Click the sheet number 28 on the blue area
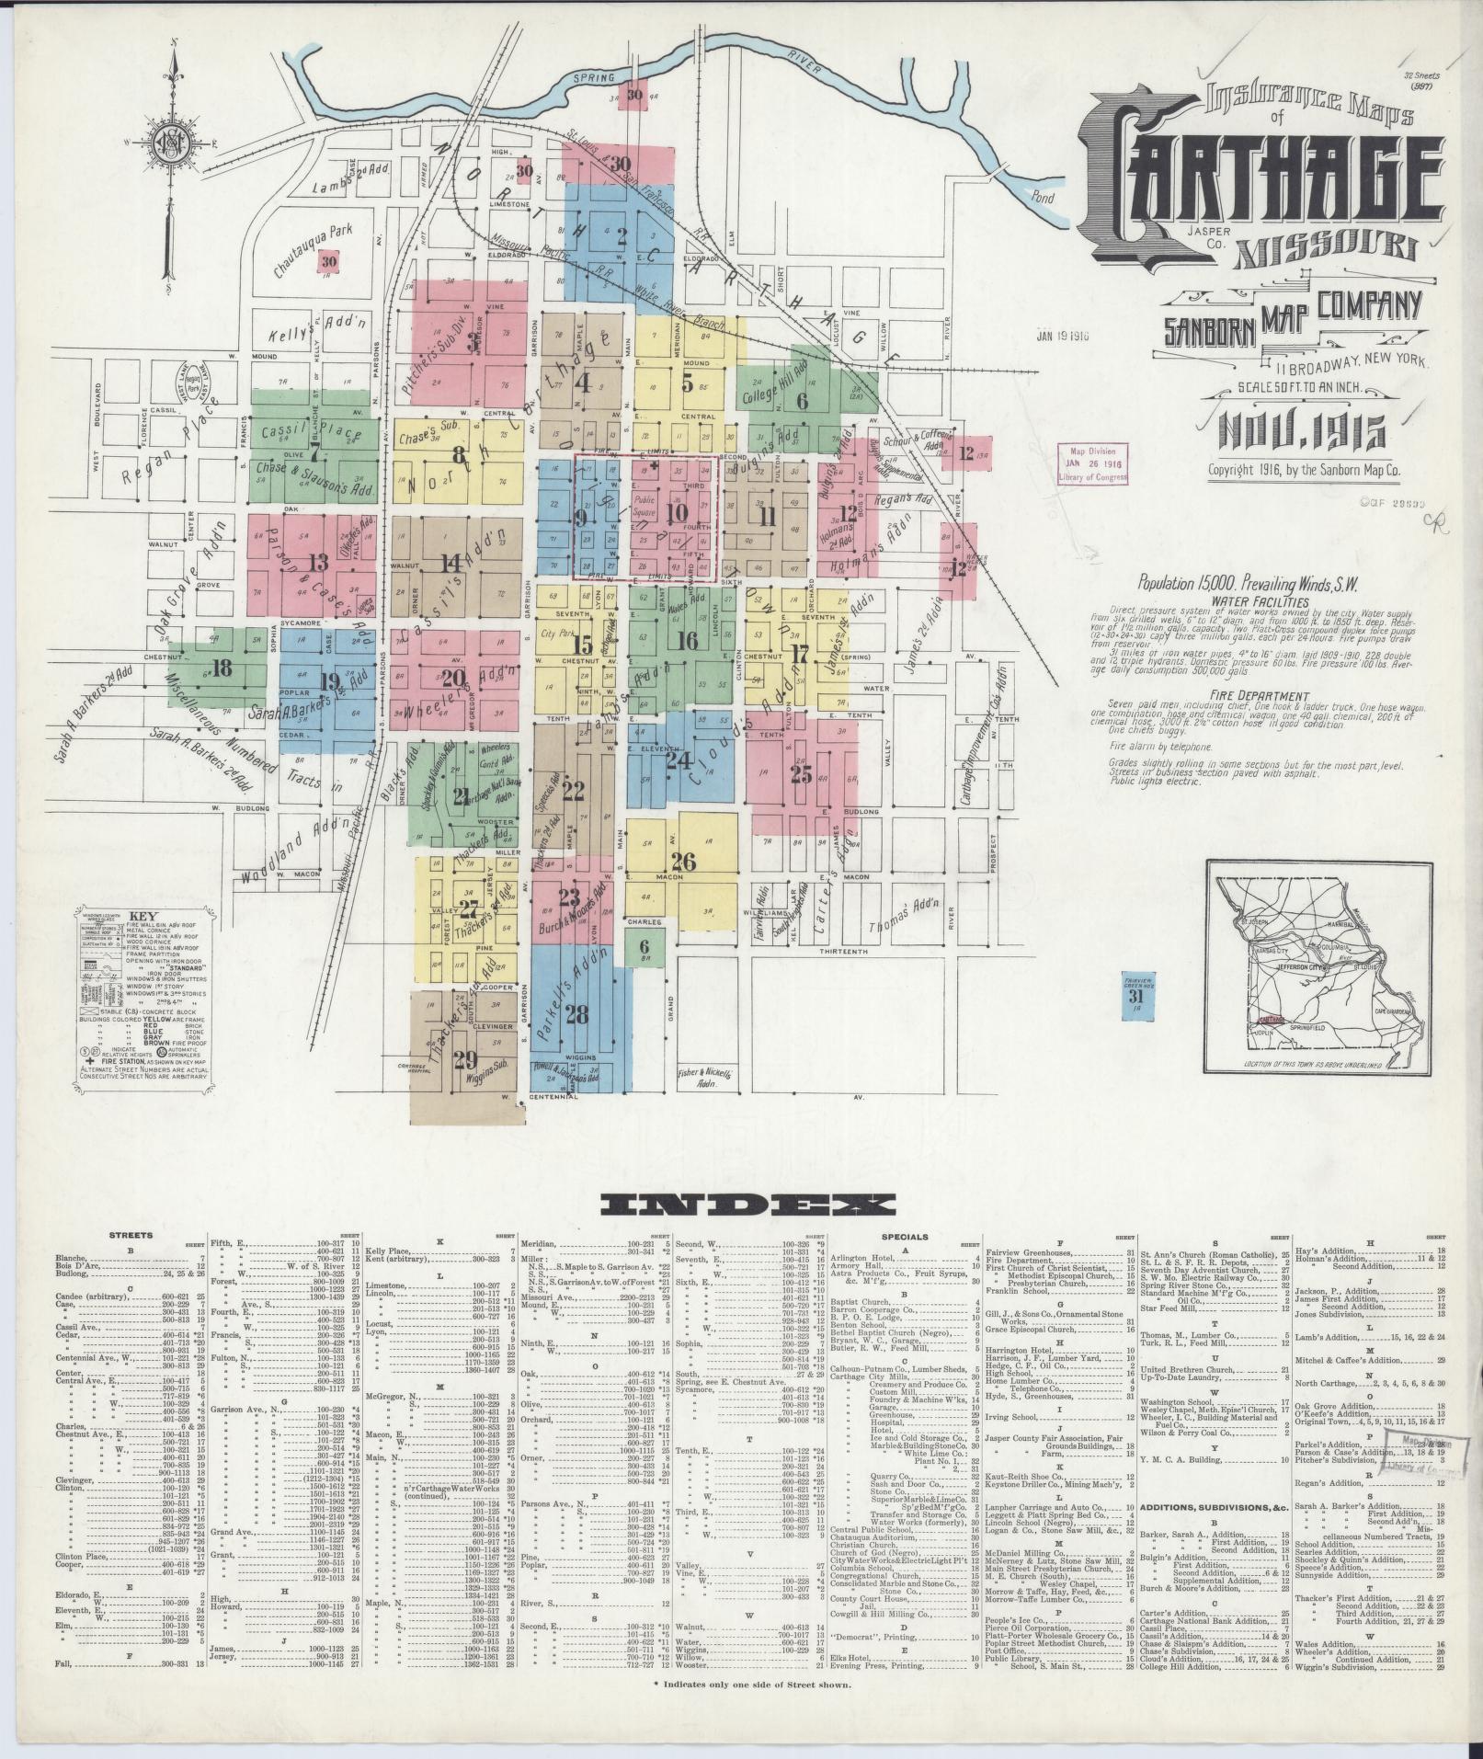(577, 1015)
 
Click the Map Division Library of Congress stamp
(1091, 465)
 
